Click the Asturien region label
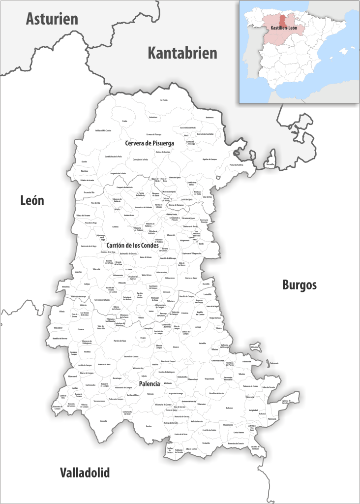click(x=52, y=19)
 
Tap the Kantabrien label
click(x=182, y=53)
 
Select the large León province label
click(x=32, y=200)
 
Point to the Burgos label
click(x=299, y=285)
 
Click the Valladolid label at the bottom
click(x=85, y=473)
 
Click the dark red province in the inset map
click(x=283, y=20)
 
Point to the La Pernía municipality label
click(x=164, y=100)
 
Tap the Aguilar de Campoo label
click(x=210, y=159)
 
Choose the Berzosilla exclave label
click(x=270, y=164)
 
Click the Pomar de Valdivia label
click(x=236, y=165)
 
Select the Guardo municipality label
click(x=84, y=161)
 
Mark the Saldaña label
click(x=115, y=226)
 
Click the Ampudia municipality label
click(x=103, y=421)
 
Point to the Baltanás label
click(x=229, y=408)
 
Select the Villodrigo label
click(x=254, y=346)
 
